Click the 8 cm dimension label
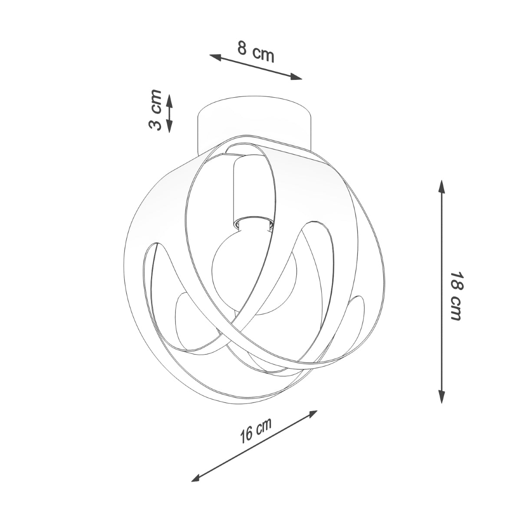click(x=256, y=51)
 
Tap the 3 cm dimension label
click(x=155, y=110)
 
